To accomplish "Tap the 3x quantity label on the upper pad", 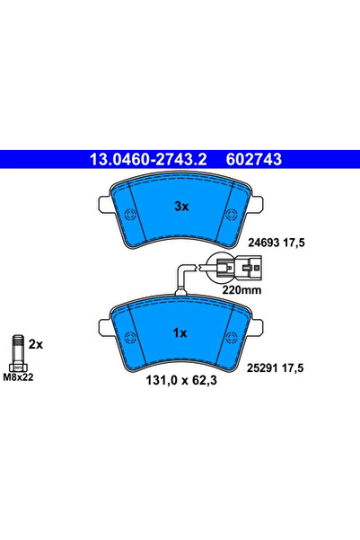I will coord(180,206).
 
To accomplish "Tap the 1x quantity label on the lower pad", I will coord(180,333).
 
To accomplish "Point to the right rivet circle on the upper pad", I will coord(233,215).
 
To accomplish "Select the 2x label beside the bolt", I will coord(37,344).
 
